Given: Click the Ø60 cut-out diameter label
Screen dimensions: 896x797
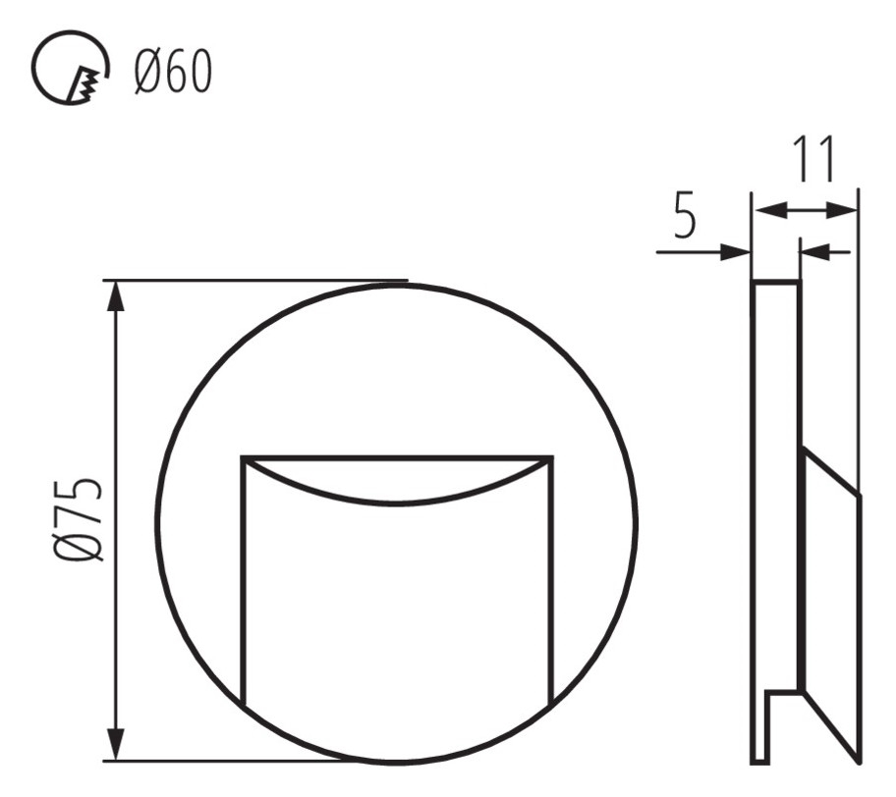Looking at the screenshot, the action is tap(173, 72).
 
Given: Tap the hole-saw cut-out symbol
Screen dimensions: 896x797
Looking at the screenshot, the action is tap(69, 68).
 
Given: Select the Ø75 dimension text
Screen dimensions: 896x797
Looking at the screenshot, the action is tap(79, 519).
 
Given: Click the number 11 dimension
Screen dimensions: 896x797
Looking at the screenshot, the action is tap(813, 159).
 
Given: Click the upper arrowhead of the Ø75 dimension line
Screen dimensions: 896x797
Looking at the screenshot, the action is tap(117, 295).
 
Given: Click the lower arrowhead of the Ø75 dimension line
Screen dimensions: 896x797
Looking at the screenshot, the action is tap(117, 745).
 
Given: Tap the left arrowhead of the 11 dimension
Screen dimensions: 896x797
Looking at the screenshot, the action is tap(770, 210).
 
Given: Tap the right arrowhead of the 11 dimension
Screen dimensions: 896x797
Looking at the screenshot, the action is tap(842, 210).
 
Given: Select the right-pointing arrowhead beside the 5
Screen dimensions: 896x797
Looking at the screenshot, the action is tap(735, 251).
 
